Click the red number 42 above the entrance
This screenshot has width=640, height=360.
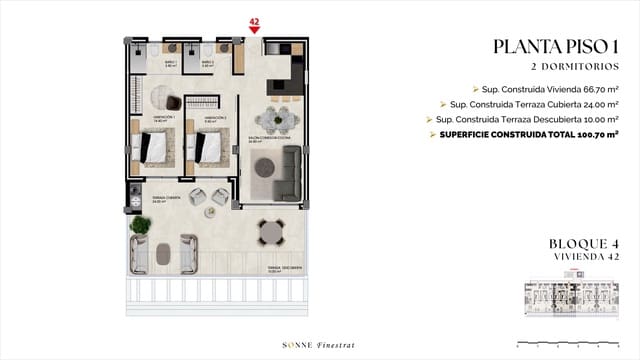pos(254,19)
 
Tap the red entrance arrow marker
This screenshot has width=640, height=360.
pos(254,29)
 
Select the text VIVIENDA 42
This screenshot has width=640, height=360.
pos(586,256)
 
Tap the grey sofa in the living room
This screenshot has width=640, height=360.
pos(290,172)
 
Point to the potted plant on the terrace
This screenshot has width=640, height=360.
pos(140,227)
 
